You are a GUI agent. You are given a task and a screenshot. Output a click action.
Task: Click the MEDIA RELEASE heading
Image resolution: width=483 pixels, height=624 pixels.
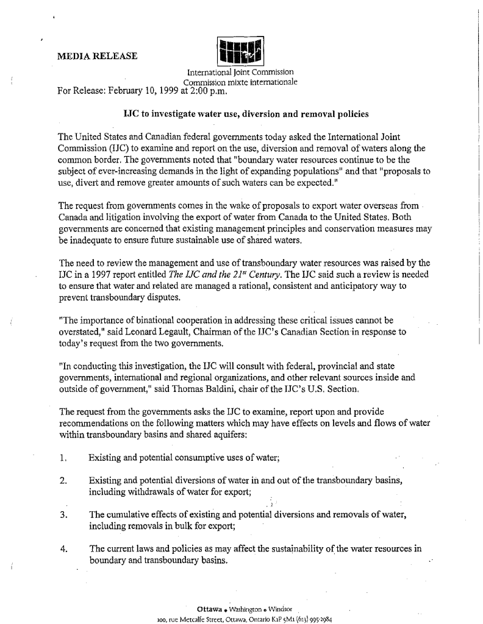(97, 57)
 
